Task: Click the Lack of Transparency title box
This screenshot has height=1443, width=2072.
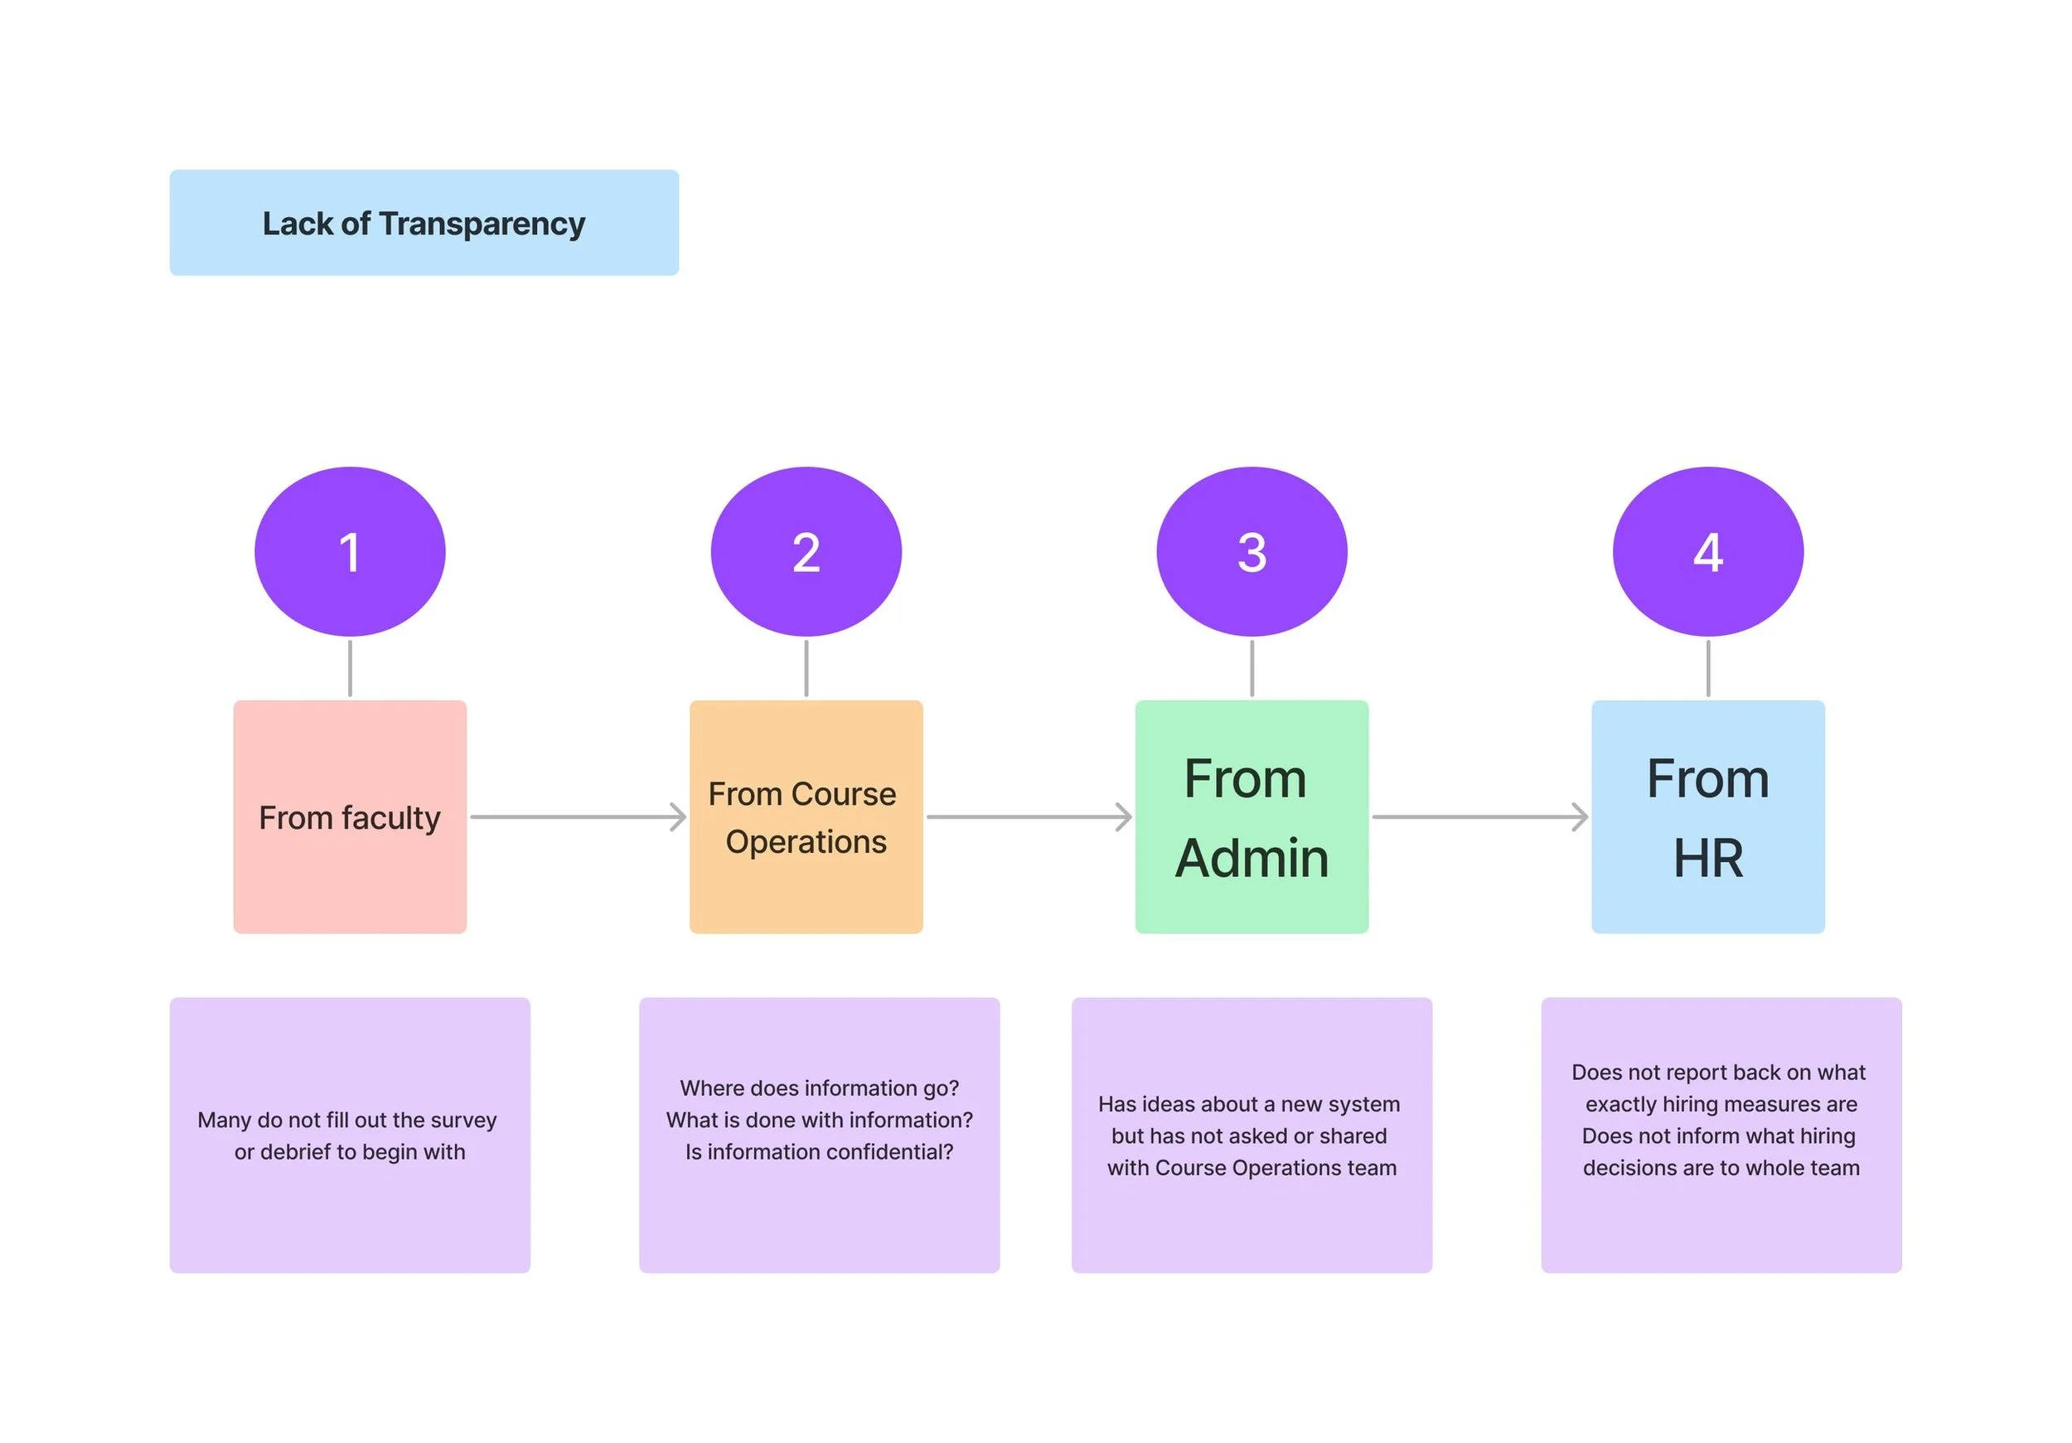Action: (x=424, y=223)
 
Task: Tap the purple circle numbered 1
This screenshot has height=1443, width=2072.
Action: (x=350, y=551)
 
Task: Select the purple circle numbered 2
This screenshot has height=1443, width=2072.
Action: (x=806, y=551)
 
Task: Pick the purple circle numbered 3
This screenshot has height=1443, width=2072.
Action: (x=1251, y=551)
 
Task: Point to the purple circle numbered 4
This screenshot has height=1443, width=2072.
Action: (x=1708, y=551)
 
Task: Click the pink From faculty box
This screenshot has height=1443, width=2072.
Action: (x=350, y=816)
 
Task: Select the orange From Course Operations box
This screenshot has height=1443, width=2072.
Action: (x=806, y=816)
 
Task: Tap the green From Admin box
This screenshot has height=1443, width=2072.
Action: (x=1251, y=816)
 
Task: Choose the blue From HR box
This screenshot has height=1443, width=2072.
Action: (x=1708, y=816)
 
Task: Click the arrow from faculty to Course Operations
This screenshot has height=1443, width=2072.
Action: (x=579, y=816)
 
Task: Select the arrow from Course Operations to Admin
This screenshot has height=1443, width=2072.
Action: (x=1029, y=816)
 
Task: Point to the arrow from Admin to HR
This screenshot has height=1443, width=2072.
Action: (x=1480, y=816)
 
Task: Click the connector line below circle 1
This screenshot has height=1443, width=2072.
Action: (x=350, y=669)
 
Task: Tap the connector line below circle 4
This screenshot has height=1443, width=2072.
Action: (x=1708, y=669)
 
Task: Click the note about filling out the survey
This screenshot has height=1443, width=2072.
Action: (x=350, y=1136)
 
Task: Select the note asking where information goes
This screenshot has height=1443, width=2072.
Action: (x=820, y=1136)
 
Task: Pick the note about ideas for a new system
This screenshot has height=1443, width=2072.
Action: (x=1251, y=1136)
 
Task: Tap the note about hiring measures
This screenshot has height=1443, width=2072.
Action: (x=1721, y=1136)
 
